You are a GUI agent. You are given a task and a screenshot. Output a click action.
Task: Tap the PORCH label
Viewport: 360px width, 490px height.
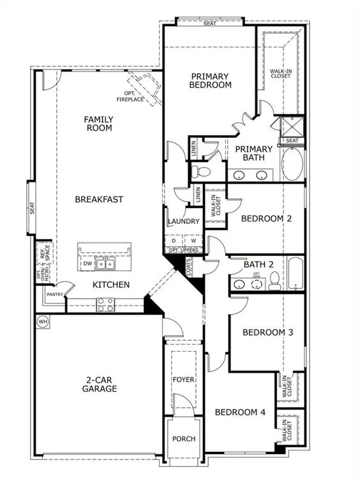184,439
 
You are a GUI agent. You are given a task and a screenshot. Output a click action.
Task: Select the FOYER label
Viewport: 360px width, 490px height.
184,380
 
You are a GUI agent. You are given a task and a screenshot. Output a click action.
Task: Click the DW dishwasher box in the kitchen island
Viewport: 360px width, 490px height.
87,263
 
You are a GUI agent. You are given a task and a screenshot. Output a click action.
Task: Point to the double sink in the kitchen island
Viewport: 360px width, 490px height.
105,263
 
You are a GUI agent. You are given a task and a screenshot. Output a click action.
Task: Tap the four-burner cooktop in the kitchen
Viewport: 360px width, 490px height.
105,306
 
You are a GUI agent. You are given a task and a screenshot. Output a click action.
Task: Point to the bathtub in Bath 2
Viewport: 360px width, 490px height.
296,273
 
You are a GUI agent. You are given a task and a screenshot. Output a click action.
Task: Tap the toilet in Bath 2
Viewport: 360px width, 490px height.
273,279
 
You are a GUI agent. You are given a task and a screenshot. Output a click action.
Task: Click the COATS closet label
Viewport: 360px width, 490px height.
189,269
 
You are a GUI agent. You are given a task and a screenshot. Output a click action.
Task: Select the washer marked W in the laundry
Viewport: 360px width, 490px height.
192,241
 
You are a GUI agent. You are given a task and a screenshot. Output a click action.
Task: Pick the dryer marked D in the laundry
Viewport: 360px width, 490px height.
174,241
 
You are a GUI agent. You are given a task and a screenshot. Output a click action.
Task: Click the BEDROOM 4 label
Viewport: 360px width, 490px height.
239,412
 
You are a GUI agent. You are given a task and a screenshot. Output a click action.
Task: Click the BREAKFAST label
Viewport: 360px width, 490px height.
99,199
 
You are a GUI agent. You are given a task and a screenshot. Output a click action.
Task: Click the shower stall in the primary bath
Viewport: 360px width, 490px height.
292,124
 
